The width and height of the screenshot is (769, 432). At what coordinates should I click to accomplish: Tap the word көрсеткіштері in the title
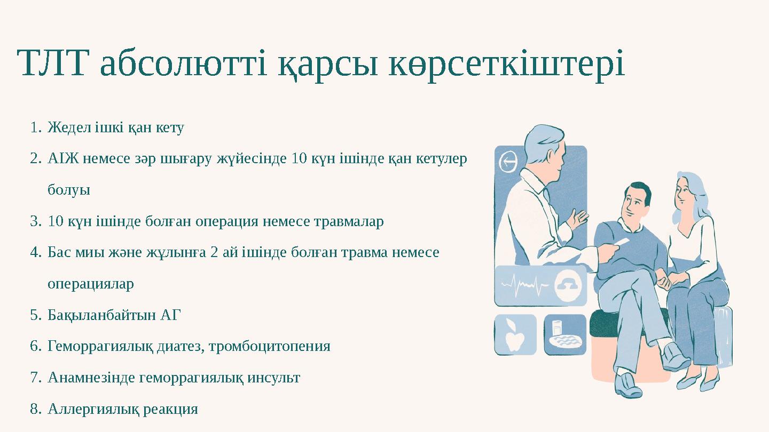(x=506, y=63)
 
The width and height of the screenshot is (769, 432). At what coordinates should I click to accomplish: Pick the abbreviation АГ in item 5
(x=170, y=315)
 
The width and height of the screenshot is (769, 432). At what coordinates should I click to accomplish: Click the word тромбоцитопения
(x=269, y=346)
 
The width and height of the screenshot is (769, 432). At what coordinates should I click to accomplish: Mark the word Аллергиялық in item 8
(x=93, y=409)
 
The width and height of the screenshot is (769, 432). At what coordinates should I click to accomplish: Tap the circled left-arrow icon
(x=508, y=162)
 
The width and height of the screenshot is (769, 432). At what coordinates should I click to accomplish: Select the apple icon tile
(x=515, y=335)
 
